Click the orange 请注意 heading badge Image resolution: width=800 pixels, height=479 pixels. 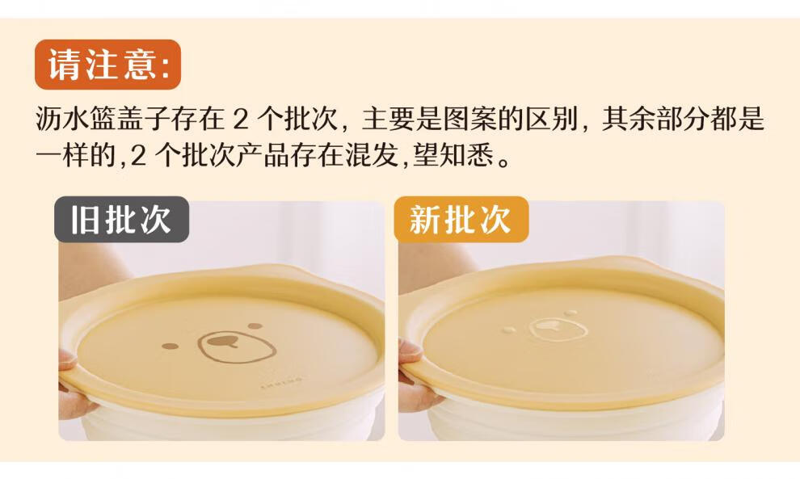(x=107, y=65)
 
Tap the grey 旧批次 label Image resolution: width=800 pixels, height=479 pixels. (x=121, y=220)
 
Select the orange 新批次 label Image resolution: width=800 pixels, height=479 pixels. (x=461, y=220)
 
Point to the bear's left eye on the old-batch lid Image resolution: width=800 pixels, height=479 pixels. (x=171, y=347)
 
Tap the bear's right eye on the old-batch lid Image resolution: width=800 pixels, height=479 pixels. (x=255, y=326)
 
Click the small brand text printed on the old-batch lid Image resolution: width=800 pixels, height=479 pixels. (x=281, y=382)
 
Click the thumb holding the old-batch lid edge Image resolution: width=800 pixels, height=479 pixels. (x=69, y=359)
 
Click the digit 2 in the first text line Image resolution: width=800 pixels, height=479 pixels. (x=240, y=120)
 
